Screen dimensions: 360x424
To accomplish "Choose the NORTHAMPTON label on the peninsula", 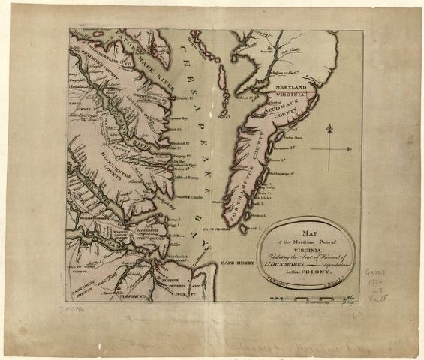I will (x=239, y=187).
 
